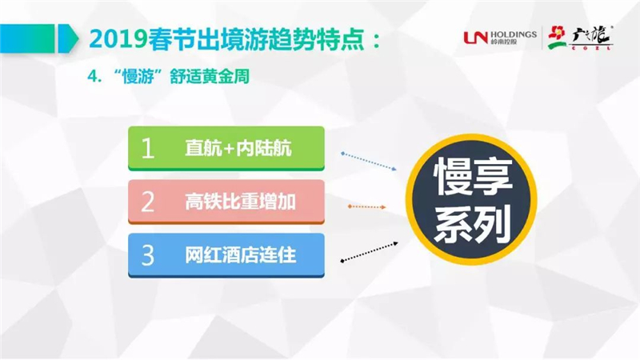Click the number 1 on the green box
point(147,148)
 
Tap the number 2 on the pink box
point(147,202)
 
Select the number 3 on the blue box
point(147,255)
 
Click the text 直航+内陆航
point(238,148)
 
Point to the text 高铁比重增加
point(240,202)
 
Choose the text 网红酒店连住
point(240,255)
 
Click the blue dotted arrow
point(369,161)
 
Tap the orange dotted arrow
point(366,207)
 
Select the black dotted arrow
point(369,252)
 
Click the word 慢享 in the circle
point(473,176)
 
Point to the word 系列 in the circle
point(473,224)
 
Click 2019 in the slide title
point(118,40)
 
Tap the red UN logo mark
point(476,38)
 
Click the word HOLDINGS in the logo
point(514,34)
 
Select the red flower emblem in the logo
point(557,38)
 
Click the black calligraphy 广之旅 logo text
point(592,36)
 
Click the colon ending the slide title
point(376,41)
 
